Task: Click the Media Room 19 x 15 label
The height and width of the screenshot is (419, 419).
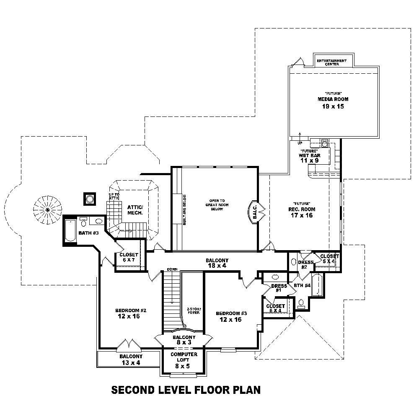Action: tap(333, 103)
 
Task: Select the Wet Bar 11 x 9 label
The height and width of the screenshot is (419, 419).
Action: tap(309, 158)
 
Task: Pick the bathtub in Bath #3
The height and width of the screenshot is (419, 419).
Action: tap(70, 230)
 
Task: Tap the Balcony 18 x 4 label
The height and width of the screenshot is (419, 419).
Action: tap(217, 263)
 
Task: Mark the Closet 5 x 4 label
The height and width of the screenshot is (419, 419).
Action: tap(330, 259)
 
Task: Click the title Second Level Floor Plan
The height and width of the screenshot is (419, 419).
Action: tap(186, 390)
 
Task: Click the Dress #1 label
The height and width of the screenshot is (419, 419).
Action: tap(279, 288)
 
